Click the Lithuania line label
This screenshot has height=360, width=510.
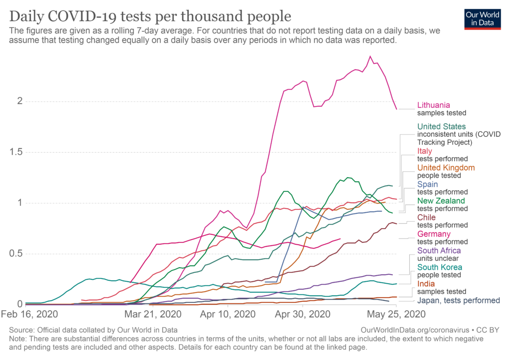click(435, 105)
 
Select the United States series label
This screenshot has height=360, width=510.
click(442, 127)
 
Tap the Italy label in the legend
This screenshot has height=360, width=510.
click(425, 151)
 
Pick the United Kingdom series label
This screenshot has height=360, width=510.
click(446, 167)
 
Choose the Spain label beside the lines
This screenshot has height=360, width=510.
click(428, 184)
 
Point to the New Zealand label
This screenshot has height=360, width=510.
click(441, 201)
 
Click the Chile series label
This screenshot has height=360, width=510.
click(426, 217)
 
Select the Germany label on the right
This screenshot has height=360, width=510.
click(434, 234)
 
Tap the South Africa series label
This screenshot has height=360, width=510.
click(438, 251)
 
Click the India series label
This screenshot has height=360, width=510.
click(426, 284)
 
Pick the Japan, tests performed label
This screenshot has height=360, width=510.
click(458, 300)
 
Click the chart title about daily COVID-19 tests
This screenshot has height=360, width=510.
click(150, 17)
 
